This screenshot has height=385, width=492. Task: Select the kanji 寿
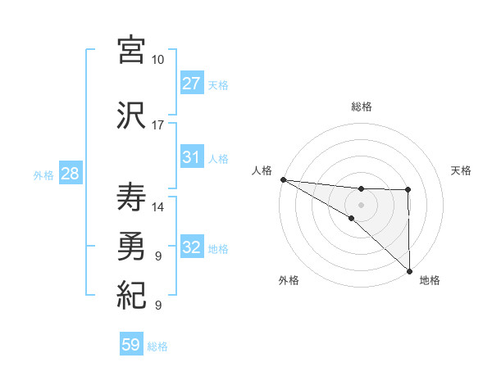(x=132, y=197)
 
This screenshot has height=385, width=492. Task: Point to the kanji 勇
(x=132, y=245)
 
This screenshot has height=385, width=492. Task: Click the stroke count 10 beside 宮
(x=158, y=60)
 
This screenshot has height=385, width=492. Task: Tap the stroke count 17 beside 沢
(x=158, y=125)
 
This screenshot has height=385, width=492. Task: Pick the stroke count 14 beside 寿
(x=158, y=207)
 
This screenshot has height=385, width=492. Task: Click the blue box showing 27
(x=191, y=84)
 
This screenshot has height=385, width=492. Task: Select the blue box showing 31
(x=191, y=157)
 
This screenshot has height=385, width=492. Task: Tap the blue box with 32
(x=191, y=247)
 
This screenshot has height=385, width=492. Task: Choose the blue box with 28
(x=70, y=174)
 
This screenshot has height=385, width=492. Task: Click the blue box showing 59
(x=131, y=345)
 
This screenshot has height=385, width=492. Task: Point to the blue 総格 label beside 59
(x=157, y=346)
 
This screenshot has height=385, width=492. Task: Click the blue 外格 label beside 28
(x=43, y=174)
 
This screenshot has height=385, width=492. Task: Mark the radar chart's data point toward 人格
(x=283, y=179)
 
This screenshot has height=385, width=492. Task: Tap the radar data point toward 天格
(x=408, y=191)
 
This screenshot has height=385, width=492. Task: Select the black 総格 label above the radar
(x=361, y=106)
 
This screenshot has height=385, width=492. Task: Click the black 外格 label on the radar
(x=289, y=280)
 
